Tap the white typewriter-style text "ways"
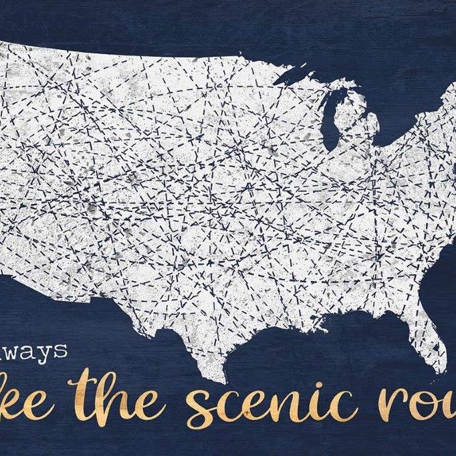[x=41, y=352]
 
